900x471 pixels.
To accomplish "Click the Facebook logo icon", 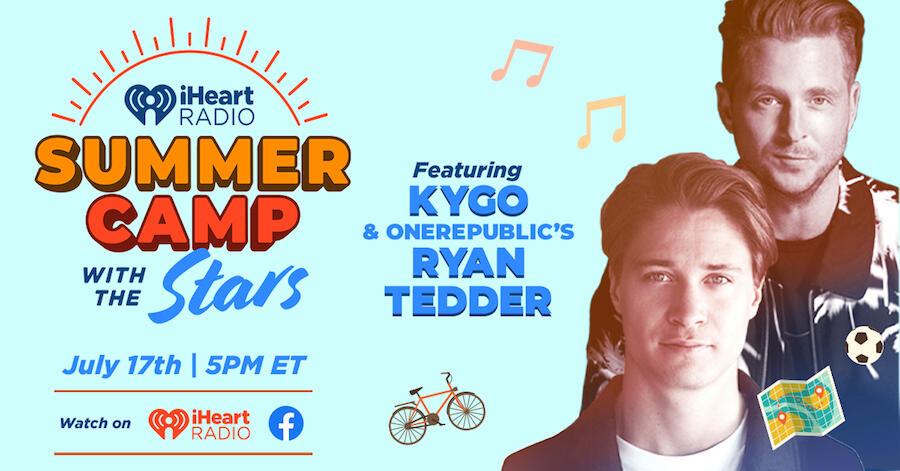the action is [286, 423].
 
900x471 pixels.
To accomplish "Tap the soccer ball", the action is [864, 345].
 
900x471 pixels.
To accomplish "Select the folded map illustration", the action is [801, 407].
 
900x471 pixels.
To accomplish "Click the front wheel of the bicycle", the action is [466, 411].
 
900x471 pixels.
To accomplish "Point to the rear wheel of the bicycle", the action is [408, 425].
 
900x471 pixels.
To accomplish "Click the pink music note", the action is [522, 63].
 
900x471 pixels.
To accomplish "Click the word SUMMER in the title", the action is [193, 165].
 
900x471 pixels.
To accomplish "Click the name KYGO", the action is [468, 201].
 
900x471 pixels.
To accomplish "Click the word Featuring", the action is [467, 170].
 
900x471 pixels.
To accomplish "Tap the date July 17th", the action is [122, 365].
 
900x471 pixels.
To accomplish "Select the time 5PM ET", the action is [255, 365].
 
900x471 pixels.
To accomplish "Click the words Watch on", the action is [95, 423].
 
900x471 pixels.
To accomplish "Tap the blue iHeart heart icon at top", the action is [150, 104].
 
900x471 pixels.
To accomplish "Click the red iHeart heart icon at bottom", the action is [168, 424].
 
